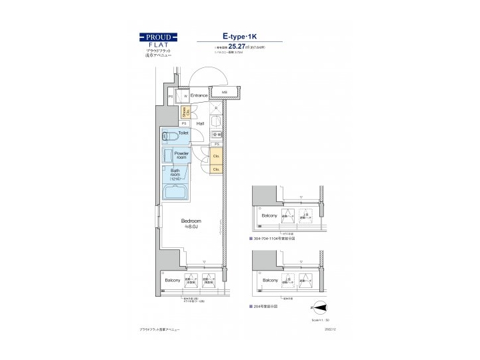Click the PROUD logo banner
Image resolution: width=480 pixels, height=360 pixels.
click(x=158, y=37)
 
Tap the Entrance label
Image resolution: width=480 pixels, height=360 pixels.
click(x=199, y=95)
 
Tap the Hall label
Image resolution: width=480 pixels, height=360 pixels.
click(x=199, y=123)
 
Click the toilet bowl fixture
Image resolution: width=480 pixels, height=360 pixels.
click(x=169, y=136)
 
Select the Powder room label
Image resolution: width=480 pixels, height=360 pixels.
click(x=181, y=156)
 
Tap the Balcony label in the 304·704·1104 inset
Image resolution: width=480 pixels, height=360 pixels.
click(x=269, y=217)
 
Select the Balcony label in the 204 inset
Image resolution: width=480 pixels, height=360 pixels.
click(x=269, y=281)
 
